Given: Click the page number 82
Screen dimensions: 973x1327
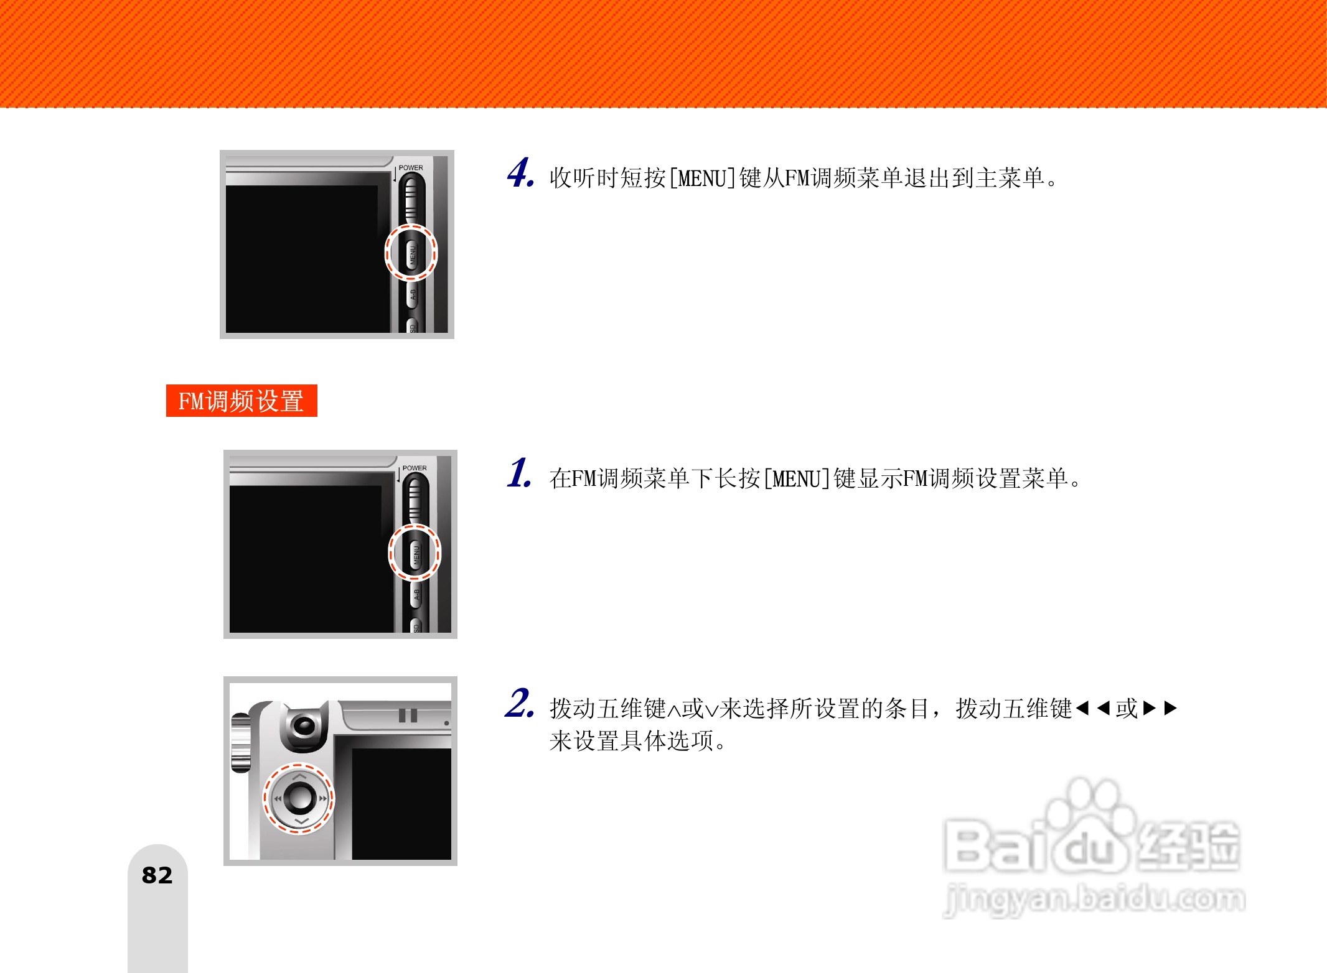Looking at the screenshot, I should (157, 875).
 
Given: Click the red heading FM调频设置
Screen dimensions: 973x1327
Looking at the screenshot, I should (241, 401).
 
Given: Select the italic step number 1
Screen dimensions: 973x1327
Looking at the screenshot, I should (519, 473).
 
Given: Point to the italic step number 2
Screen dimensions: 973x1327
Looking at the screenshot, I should (519, 704).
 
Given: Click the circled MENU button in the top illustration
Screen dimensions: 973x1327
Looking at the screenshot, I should (411, 253).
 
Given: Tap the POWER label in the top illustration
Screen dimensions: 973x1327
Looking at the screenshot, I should (410, 168).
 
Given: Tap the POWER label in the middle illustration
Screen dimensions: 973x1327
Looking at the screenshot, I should (414, 468).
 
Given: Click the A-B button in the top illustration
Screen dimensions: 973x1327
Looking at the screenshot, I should (412, 294).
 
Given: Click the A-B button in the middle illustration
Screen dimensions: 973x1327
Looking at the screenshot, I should (416, 595).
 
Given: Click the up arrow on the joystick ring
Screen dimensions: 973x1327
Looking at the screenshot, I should (299, 776).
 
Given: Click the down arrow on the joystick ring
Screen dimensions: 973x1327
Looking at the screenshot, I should (301, 822).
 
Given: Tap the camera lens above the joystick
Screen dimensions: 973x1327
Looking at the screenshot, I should (304, 726).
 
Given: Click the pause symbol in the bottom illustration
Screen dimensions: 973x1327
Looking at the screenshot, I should (408, 715).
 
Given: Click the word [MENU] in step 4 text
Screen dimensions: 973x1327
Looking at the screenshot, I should (701, 179).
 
